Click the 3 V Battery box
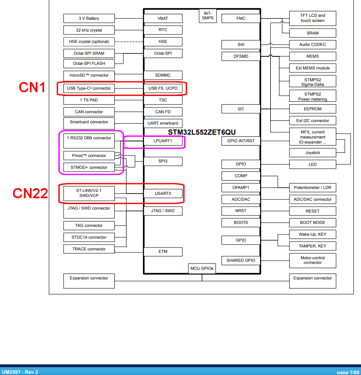point(89,19)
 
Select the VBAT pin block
point(163,19)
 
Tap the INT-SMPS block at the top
point(207,16)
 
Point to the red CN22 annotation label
point(30,193)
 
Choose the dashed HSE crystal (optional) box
point(89,42)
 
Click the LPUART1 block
point(163,141)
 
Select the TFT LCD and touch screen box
point(312,18)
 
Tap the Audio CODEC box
point(312,45)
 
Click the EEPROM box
point(312,109)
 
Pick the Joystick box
point(312,153)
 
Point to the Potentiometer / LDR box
point(312,188)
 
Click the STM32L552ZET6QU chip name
point(202,132)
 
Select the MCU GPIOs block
point(202,269)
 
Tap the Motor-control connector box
point(312,260)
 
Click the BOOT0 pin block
point(241,222)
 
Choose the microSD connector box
point(89,75)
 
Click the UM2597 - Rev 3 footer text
point(20,372)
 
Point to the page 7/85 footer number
point(348,372)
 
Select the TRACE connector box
point(89,249)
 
